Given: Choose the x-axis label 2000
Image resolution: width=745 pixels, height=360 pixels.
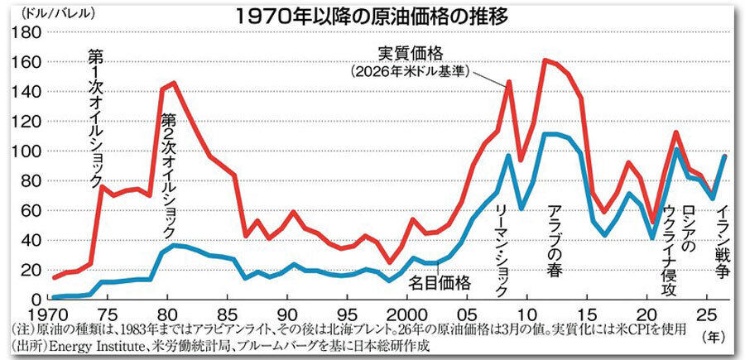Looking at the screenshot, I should pos(408,314).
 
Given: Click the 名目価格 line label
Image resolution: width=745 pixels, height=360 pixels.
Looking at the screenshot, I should pos(440,282).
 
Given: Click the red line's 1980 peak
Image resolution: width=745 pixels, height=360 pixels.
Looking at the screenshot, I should pos(173,82).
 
